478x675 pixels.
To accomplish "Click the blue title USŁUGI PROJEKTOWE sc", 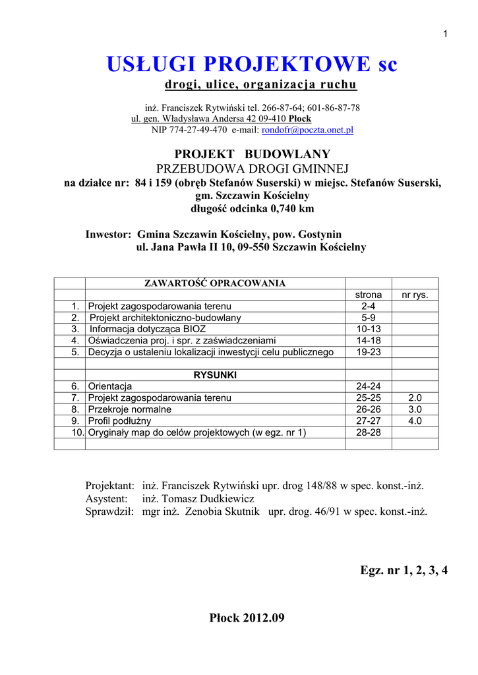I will click(x=252, y=65).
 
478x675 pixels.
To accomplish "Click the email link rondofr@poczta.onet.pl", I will click(x=307, y=130).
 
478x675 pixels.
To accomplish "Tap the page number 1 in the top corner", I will click(x=446, y=34).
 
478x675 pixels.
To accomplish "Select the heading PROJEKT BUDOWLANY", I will click(x=252, y=154).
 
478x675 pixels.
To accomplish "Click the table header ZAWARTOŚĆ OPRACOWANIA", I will click(x=215, y=283).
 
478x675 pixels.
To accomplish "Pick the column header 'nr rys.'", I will click(x=415, y=295).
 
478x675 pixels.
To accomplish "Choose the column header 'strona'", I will click(x=368, y=295).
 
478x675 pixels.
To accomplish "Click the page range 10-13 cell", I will click(x=368, y=329).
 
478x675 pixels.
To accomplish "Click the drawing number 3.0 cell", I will click(x=415, y=409).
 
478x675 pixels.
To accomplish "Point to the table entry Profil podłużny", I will click(x=120, y=421).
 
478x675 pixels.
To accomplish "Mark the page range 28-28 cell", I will click(x=368, y=432).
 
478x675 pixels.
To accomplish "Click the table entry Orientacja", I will click(x=110, y=386).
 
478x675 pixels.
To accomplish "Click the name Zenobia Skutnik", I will click(x=224, y=512).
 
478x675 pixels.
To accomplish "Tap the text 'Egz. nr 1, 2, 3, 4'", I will click(x=403, y=571).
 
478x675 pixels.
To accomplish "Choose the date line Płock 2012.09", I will click(x=247, y=618).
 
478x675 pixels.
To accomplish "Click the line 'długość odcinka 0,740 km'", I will click(x=252, y=209).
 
